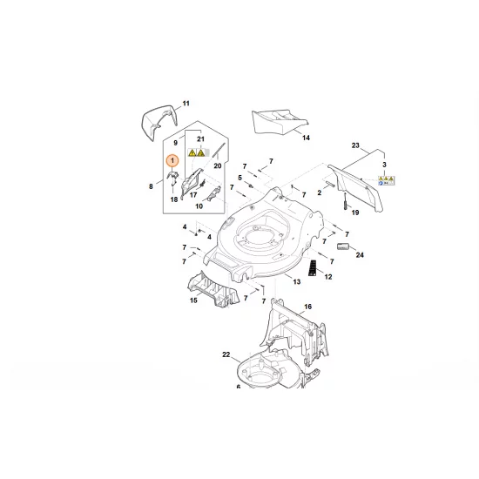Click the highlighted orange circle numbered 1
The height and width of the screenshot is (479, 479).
(x=172, y=161)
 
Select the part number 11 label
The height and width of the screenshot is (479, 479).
(x=186, y=104)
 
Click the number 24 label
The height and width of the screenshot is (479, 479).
(x=360, y=255)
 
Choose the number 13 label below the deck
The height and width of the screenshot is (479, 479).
(x=296, y=281)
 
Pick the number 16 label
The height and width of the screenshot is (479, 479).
(x=307, y=307)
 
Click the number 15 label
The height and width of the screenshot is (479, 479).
(x=193, y=301)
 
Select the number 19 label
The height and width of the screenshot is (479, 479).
(x=355, y=212)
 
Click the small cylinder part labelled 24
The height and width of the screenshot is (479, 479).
(x=342, y=246)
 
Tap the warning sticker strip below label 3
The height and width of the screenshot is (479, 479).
(x=386, y=179)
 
